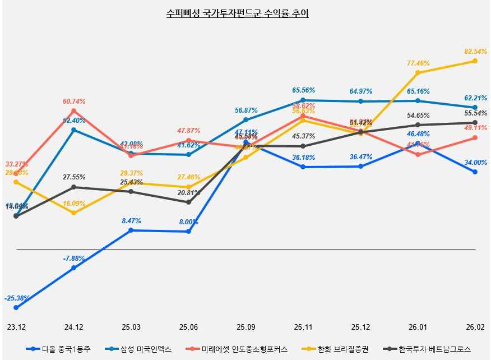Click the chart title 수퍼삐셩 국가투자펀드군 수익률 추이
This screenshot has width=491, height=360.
point(238,13)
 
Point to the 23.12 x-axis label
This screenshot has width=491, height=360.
point(16,326)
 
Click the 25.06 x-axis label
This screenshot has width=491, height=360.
point(188,326)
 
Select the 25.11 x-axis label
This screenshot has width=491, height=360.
point(303,326)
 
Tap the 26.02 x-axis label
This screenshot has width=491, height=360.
point(475,326)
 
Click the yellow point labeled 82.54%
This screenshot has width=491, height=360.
point(475,61)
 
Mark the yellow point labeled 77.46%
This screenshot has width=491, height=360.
point(418,73)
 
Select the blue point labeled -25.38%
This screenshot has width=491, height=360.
point(16,308)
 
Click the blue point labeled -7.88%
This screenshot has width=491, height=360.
point(73,268)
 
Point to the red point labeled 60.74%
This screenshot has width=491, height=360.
point(73,110)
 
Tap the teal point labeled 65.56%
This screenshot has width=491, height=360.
point(303,100)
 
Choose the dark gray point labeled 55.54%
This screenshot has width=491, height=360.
point(475,123)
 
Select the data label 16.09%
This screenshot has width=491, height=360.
point(74,204)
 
